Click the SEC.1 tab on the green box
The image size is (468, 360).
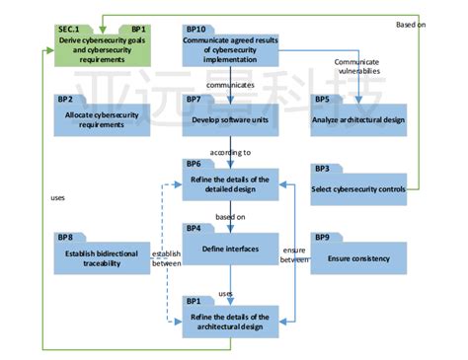[70, 30]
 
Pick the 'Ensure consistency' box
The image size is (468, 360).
[357, 258]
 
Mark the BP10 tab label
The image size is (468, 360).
[196, 30]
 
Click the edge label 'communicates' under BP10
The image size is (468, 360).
[229, 85]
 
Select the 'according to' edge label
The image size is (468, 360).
[229, 153]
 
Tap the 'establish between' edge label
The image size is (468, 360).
[165, 258]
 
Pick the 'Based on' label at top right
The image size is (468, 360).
[411, 22]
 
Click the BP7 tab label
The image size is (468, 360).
[194, 100]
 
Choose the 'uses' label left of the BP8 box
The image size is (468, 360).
[56, 197]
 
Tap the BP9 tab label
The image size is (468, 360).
[322, 239]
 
